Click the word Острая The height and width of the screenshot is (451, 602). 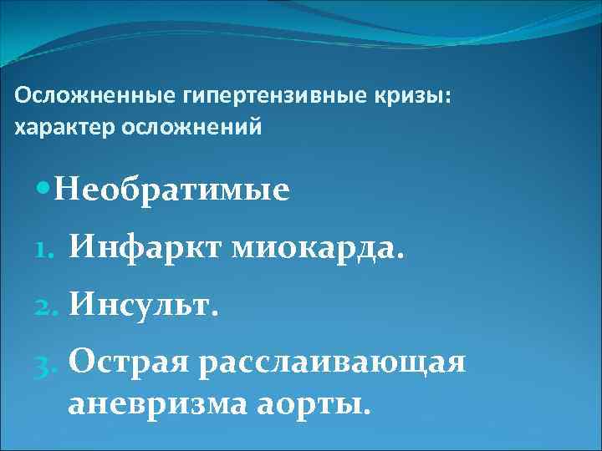[x=129, y=364]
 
